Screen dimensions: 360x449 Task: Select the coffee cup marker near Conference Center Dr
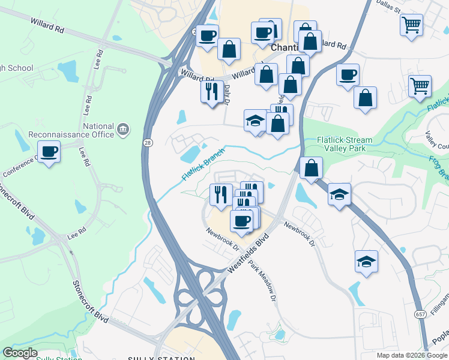point(49,151)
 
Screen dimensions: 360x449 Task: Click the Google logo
point(20,353)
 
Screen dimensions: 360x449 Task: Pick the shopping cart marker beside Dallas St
point(411,25)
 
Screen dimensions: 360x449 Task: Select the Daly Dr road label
point(228,94)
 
